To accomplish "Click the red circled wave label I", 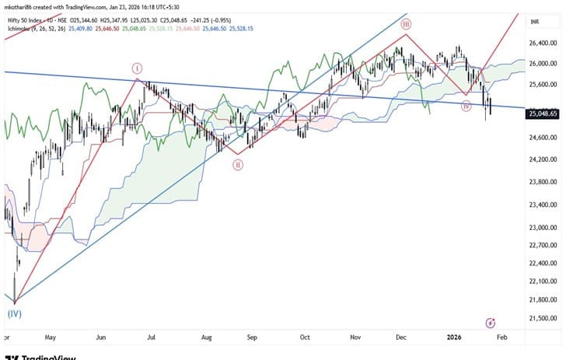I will click(137, 68).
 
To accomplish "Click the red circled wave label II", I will click(238, 164).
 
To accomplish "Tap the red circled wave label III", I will click(406, 25).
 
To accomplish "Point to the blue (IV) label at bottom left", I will click(14, 314).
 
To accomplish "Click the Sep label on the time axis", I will click(251, 338).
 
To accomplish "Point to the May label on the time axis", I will click(52, 338).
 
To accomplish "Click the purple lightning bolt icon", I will click(491, 322).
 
